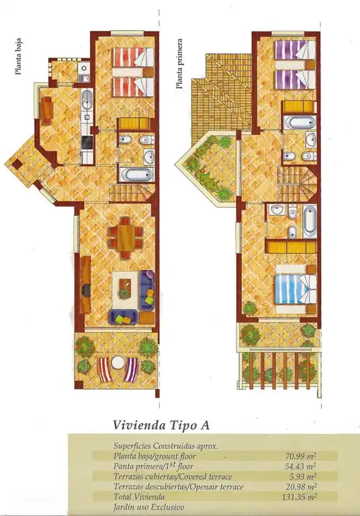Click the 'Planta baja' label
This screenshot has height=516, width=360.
pos(19,58)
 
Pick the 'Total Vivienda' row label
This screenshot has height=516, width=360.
pos(140,497)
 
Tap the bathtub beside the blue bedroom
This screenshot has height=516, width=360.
pos(309,221)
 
